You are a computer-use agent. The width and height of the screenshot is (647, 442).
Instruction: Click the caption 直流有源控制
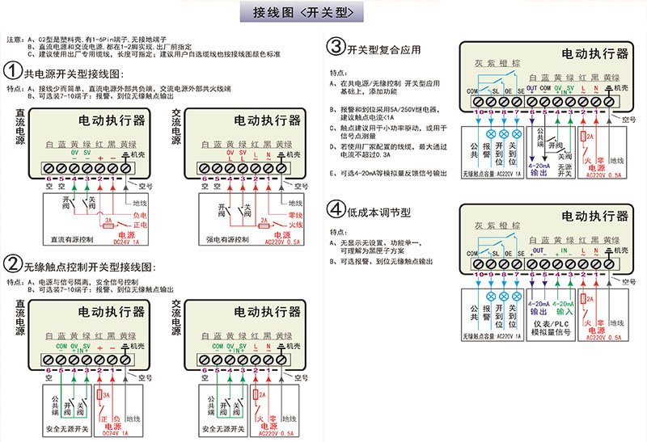coord(72,240)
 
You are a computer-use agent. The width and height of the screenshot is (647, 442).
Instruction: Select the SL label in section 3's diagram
coord(495,91)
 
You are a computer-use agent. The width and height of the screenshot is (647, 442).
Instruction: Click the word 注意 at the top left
coord(14,39)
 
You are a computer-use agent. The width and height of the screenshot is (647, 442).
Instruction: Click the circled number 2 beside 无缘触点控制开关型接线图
coord(13,263)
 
